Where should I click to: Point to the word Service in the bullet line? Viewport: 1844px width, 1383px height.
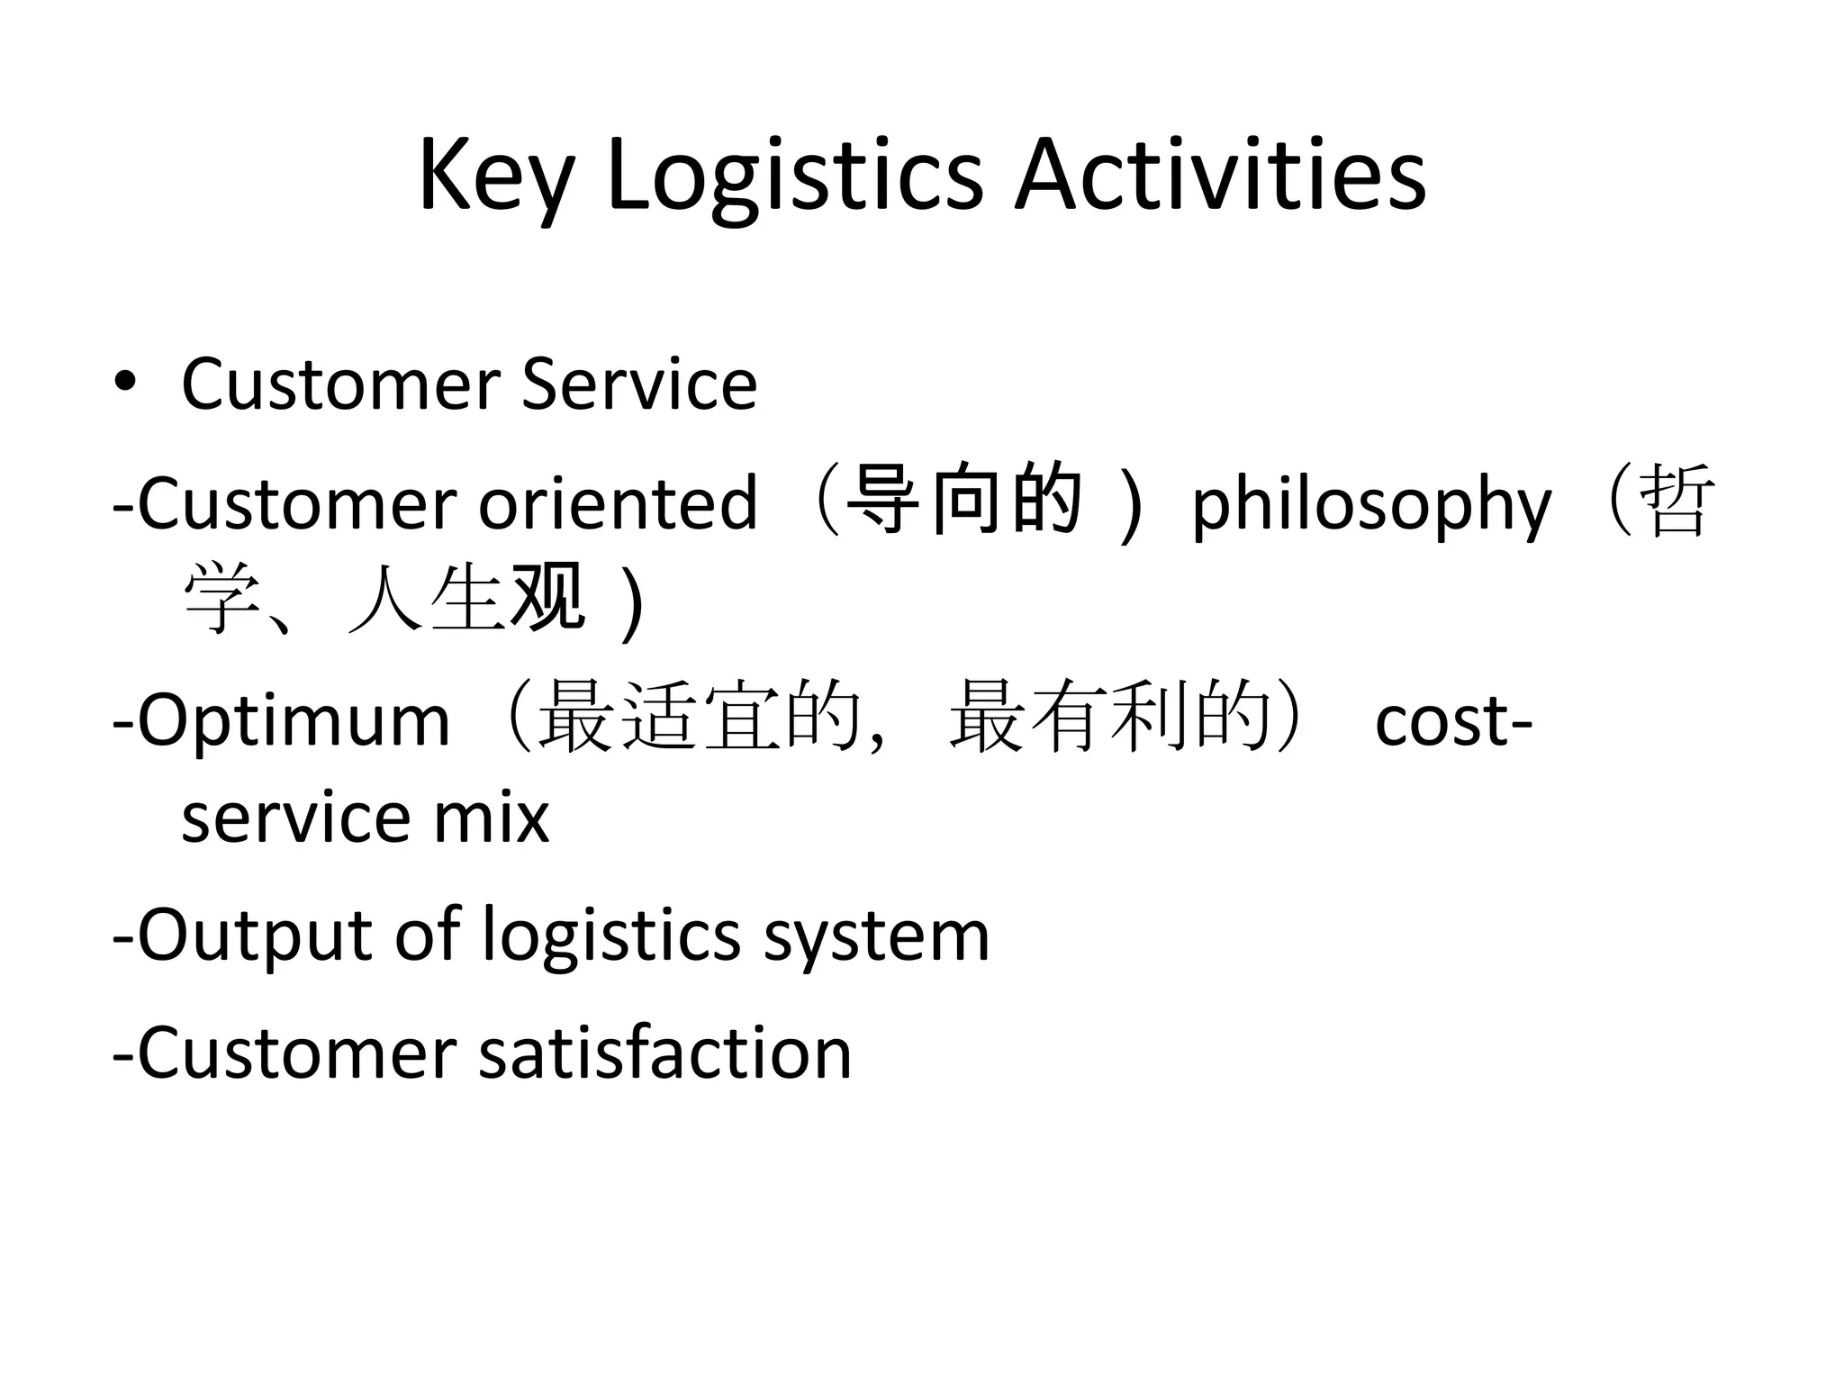coord(639,384)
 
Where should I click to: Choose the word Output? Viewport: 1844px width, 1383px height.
coord(255,936)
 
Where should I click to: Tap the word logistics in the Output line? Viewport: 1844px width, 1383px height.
coord(611,936)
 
